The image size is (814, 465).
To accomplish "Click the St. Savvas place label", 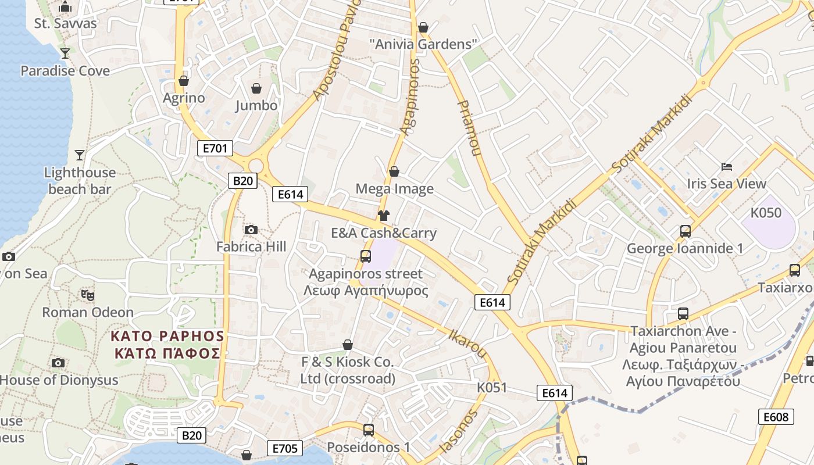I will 65,23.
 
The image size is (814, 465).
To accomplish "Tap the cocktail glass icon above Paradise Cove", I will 65,53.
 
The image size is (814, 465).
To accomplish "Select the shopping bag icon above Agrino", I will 184,81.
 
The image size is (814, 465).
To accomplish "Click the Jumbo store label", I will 256,105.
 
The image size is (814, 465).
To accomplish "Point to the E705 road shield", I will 285,448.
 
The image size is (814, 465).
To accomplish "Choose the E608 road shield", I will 776,417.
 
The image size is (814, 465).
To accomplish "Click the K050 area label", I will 766,213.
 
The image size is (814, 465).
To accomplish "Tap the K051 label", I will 492,388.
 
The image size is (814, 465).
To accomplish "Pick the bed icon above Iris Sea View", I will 727,167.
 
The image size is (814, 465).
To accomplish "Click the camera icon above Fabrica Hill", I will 251,230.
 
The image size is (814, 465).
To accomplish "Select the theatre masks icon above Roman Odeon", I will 88,295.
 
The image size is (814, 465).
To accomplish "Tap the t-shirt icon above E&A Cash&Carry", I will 383,216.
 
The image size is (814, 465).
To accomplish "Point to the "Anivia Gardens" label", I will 423,44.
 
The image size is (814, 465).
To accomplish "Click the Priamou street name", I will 469,128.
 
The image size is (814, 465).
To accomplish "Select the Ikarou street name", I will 467,343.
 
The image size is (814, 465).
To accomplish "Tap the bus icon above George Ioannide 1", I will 686,231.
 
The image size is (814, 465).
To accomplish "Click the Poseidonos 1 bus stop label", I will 369,448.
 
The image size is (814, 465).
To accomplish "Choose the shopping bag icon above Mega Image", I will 394,171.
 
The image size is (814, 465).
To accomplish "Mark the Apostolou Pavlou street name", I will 336,52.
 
